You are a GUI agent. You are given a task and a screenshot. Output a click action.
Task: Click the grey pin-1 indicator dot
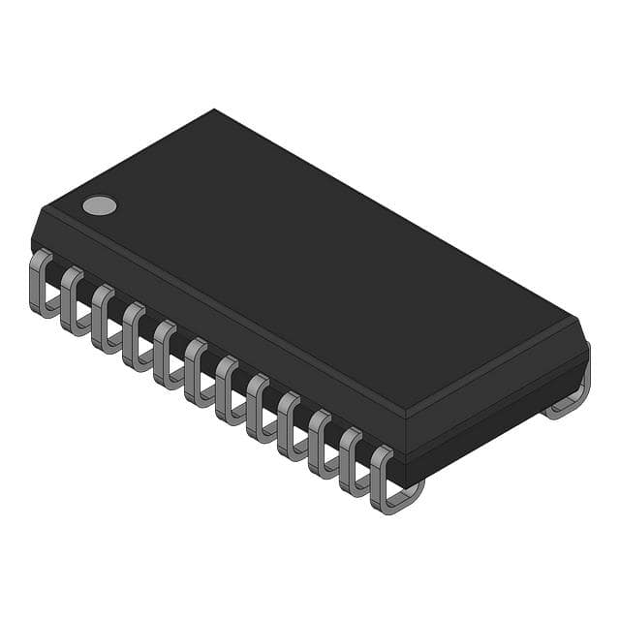click(x=99, y=204)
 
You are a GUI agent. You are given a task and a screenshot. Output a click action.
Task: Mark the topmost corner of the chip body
click(x=213, y=110)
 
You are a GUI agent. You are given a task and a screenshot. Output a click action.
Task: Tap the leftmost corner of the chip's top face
click(x=41, y=207)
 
